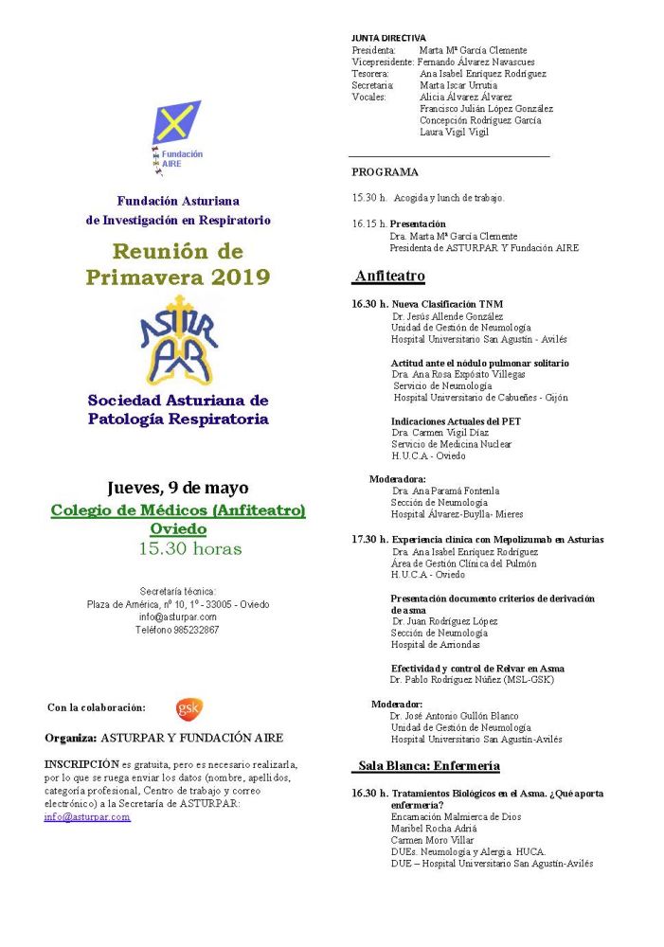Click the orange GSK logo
tap(188, 707)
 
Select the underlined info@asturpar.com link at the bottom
tap(87, 816)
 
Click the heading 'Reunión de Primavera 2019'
tap(178, 264)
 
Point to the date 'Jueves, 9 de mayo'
tap(178, 489)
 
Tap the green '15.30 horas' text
tap(190, 548)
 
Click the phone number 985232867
tap(177, 630)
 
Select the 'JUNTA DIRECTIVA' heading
tap(388, 38)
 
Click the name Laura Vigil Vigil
tap(454, 133)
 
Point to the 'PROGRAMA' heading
tap(385, 172)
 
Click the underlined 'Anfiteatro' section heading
tap(389, 277)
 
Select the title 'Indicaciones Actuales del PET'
tap(456, 421)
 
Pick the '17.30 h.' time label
tap(369, 539)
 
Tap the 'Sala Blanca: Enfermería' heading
tap(428, 765)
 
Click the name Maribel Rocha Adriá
tap(433, 828)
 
